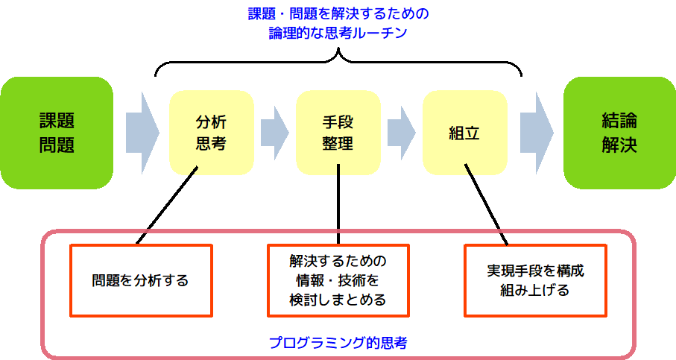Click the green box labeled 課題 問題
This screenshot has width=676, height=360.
(x=57, y=133)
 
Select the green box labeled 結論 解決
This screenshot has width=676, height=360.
(x=619, y=133)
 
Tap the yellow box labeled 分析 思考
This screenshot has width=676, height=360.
(x=211, y=133)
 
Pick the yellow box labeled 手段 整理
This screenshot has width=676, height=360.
(x=338, y=133)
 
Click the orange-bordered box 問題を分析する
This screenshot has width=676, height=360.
(x=141, y=280)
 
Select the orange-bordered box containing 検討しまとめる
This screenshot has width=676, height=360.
(x=338, y=280)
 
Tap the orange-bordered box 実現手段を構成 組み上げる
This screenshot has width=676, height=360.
(x=535, y=280)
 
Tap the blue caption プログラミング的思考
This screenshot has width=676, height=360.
(x=338, y=344)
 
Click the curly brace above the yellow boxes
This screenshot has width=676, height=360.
(x=338, y=60)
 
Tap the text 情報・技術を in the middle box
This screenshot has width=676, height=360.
(x=338, y=280)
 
